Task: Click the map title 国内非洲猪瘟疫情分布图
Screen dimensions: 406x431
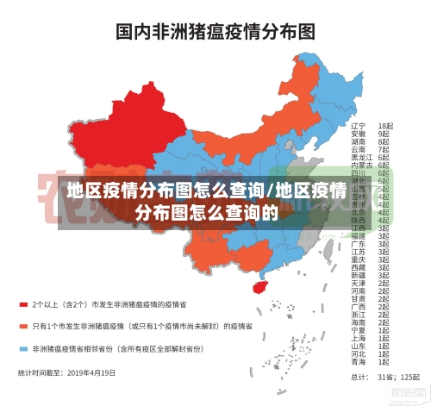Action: pyautogui.click(x=215, y=32)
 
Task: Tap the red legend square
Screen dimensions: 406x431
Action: pyautogui.click(x=23, y=304)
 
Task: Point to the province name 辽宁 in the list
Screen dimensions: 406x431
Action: pyautogui.click(x=358, y=126)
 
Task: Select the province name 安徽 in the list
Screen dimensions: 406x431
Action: pyautogui.click(x=358, y=134)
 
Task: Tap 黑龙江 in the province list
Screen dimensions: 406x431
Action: pyautogui.click(x=360, y=157)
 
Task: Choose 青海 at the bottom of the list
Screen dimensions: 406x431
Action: pyautogui.click(x=358, y=361)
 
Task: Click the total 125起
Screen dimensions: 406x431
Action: pyautogui.click(x=402, y=377)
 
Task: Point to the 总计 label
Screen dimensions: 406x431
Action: pyautogui.click(x=356, y=377)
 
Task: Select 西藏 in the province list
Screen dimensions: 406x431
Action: pyautogui.click(x=358, y=267)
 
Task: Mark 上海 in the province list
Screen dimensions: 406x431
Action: pyautogui.click(x=358, y=338)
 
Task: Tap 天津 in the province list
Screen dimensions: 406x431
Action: pyautogui.click(x=358, y=283)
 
